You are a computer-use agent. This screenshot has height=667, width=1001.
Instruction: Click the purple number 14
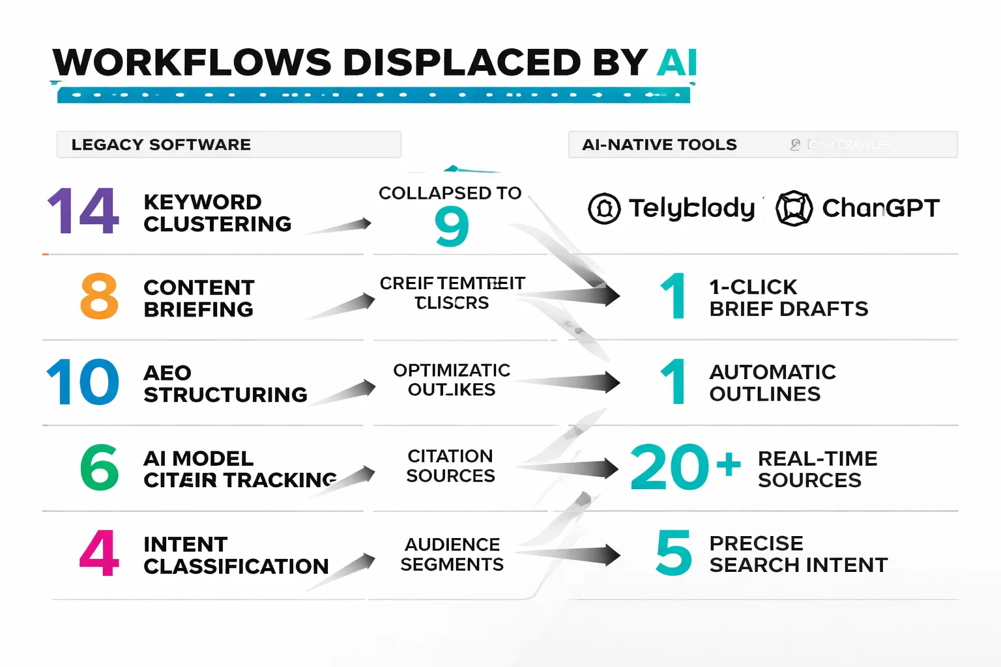point(83,211)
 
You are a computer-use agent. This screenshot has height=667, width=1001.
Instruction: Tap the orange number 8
point(100,296)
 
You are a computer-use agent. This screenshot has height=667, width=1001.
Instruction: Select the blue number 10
point(83,382)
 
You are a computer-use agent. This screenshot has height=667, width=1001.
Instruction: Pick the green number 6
point(100,467)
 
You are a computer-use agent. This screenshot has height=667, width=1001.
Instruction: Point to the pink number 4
point(100,553)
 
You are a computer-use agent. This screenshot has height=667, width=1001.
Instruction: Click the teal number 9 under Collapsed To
point(452,227)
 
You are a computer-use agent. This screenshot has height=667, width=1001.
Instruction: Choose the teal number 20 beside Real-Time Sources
point(669,467)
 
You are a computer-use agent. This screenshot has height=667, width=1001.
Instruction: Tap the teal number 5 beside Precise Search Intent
point(674,553)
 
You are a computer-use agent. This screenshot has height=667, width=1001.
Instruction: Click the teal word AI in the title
point(676,63)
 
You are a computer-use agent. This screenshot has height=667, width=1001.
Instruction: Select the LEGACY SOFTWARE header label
point(161,145)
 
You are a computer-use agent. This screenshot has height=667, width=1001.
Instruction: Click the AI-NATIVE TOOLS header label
point(660,145)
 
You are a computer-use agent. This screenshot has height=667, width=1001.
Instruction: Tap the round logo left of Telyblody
point(604,208)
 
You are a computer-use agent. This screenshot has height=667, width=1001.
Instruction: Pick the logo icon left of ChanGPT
point(794,208)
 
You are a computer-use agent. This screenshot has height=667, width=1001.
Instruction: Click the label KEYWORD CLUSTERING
point(217,213)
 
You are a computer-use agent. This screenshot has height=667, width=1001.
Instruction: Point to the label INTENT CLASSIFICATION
point(236,555)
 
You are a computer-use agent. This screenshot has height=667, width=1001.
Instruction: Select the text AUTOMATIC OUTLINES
point(772,383)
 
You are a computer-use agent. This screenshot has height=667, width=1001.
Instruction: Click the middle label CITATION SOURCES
point(450,466)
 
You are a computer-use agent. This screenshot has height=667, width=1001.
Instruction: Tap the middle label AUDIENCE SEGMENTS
point(452,554)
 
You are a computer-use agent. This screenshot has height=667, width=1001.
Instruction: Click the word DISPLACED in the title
point(461,63)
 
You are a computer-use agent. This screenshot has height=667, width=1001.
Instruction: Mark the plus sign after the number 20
point(729,464)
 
